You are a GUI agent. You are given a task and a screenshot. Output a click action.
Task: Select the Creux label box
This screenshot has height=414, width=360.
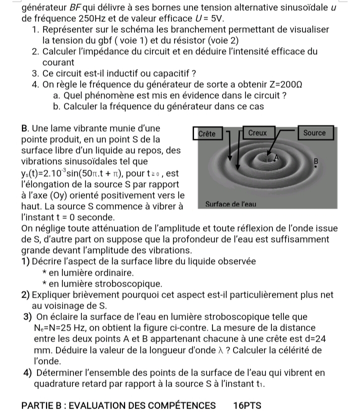tap(257, 133)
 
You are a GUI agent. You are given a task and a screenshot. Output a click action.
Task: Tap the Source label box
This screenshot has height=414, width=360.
tap(314, 133)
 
